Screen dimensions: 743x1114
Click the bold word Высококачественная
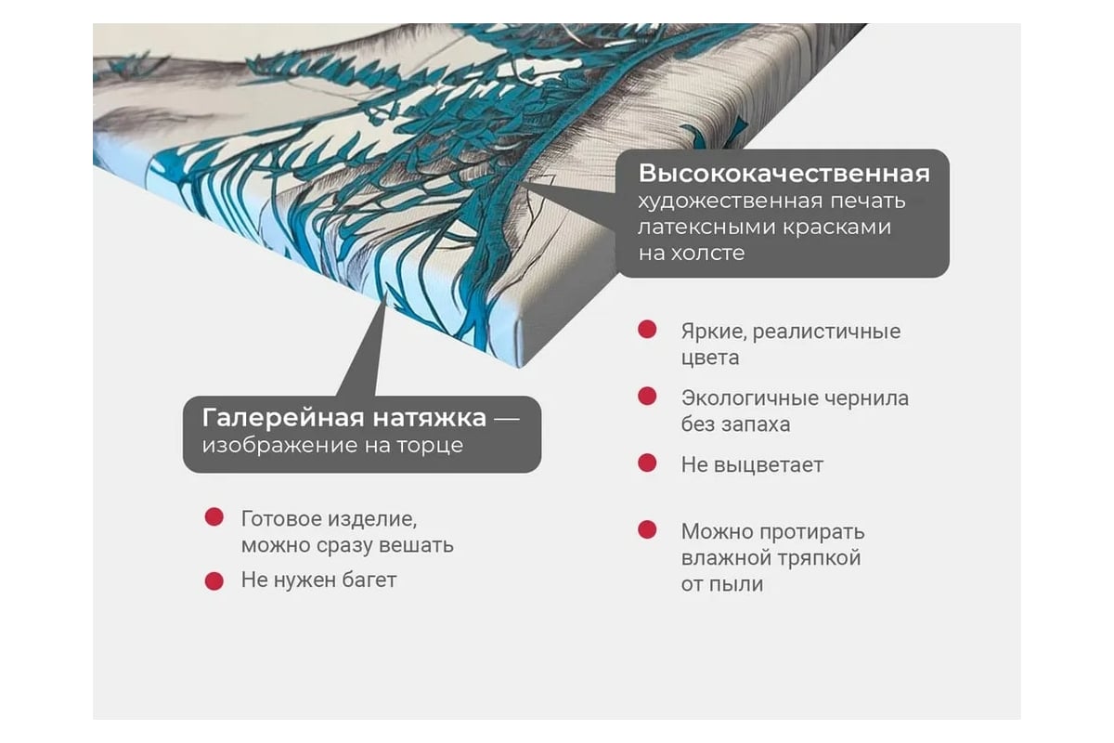pyautogui.click(x=784, y=175)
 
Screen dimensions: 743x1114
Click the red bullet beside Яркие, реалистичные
pyautogui.click(x=647, y=330)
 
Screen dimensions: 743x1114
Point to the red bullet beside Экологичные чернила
pyautogui.click(x=647, y=397)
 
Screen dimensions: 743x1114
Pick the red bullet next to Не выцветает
pyautogui.click(x=647, y=463)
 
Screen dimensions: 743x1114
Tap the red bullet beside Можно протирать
pyautogui.click(x=647, y=530)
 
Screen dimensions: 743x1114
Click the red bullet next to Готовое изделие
pyautogui.click(x=214, y=517)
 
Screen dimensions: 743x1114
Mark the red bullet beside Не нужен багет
pyautogui.click(x=214, y=580)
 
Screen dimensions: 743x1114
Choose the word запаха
pyautogui.click(x=754, y=424)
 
